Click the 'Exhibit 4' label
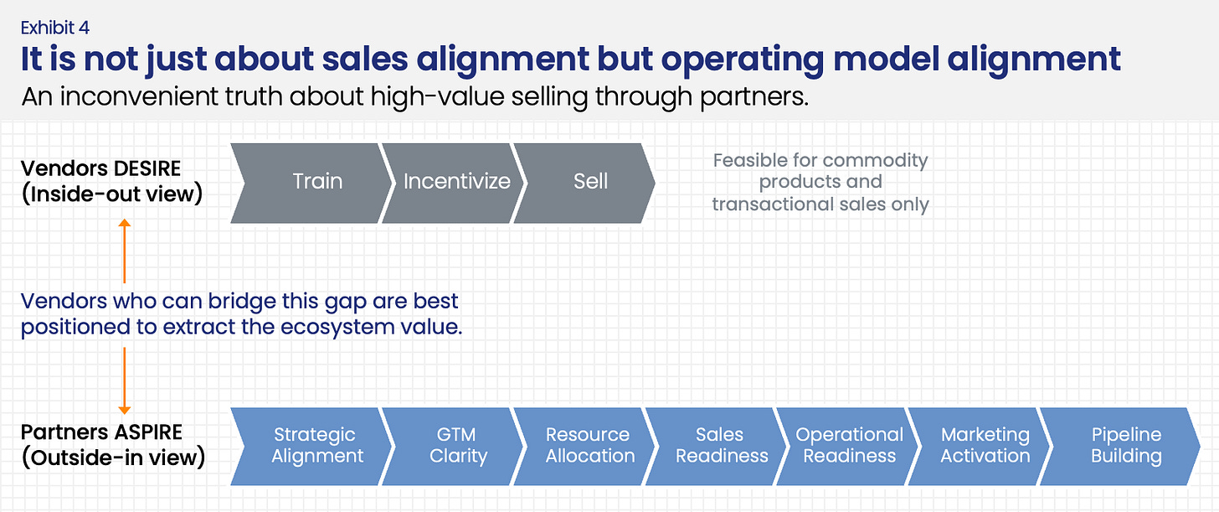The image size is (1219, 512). [x=55, y=28]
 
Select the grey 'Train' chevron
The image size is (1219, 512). [x=314, y=182]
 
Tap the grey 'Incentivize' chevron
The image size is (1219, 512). [x=454, y=182]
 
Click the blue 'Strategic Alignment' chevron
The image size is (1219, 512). [x=314, y=446]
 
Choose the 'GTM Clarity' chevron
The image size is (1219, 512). [x=454, y=446]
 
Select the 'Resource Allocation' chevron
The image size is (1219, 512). [x=586, y=446]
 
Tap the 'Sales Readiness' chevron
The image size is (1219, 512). [x=718, y=446]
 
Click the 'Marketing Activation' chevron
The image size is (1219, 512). [x=983, y=446]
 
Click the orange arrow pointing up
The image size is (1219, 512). [x=124, y=251]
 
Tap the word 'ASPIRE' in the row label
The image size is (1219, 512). [x=145, y=434]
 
